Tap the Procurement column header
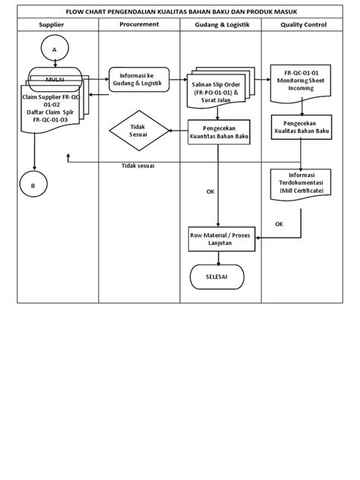139,25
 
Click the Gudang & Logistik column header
220,25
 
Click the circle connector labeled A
54,49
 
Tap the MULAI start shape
55,78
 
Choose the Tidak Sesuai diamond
137,131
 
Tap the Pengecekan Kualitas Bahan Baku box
302,127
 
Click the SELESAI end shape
216,276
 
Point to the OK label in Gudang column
210,191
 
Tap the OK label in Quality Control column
279,224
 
